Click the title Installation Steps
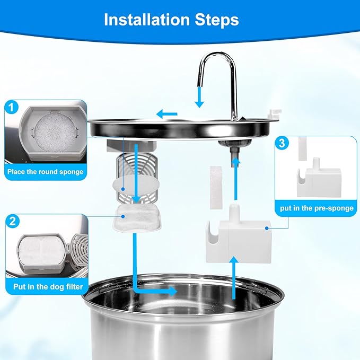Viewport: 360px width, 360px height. [x=171, y=20]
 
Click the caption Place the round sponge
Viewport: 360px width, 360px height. [x=45, y=172]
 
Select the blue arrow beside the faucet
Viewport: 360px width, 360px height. [x=199, y=95]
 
